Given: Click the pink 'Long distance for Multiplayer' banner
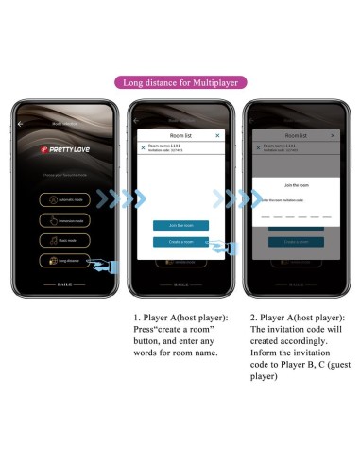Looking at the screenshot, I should (x=180, y=82).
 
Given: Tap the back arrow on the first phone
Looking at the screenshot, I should (x=20, y=124).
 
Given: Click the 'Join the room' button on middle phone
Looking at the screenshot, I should (x=180, y=225).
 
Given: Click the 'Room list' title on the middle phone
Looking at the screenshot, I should (x=180, y=136).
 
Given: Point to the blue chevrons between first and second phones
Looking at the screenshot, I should (x=123, y=198).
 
